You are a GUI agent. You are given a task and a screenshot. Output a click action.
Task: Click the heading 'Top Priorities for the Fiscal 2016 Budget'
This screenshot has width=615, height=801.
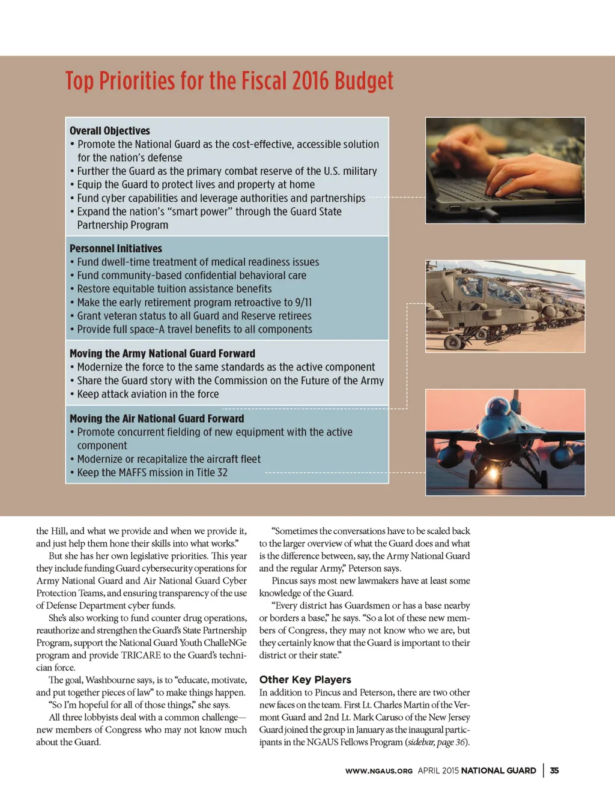coord(229,81)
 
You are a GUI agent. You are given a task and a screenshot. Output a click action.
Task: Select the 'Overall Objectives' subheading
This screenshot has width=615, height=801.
coord(110,131)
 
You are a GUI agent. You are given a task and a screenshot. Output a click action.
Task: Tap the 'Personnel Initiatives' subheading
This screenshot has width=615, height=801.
coord(116,249)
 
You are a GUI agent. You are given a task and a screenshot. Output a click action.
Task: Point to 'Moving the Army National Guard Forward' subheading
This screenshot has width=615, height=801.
coord(162,354)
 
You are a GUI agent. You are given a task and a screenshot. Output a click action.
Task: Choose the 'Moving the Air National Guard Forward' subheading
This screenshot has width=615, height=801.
coord(157,419)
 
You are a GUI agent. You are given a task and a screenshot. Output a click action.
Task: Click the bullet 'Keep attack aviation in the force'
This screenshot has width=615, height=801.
coord(148,394)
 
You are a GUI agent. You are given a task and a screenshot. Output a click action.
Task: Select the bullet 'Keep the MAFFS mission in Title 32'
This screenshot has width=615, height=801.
coord(152,473)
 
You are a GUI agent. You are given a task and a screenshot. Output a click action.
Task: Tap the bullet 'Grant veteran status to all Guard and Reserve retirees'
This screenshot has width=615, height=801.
coord(194,316)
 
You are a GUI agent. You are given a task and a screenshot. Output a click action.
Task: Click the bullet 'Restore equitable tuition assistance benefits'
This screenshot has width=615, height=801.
coord(174,289)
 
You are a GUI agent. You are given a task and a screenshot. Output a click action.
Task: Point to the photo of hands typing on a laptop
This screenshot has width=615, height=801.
coord(505,171)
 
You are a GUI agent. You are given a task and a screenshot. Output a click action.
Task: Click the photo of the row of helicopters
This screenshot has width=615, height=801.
coord(505,306)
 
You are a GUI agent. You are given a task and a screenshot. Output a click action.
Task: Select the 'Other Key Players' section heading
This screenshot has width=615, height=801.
coord(305,680)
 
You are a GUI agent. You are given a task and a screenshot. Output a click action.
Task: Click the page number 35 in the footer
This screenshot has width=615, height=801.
coord(554,770)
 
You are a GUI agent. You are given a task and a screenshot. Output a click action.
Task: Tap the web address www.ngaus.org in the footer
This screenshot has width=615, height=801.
coord(378,771)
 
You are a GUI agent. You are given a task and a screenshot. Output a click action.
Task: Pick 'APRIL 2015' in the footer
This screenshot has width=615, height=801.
coord(438,771)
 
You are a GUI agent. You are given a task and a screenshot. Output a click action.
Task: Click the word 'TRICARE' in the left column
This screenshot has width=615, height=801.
coord(141,655)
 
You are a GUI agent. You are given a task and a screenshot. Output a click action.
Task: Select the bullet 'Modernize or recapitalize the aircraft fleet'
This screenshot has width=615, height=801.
coord(169,459)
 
